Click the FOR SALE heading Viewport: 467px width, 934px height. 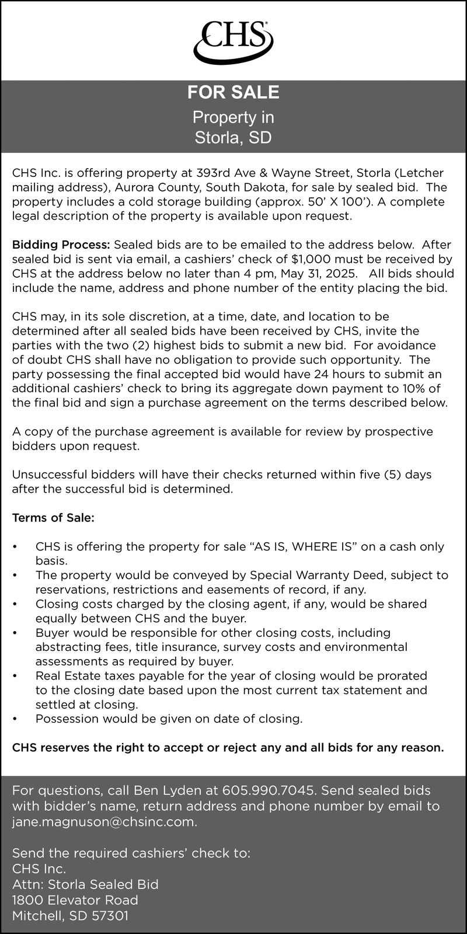coord(233,92)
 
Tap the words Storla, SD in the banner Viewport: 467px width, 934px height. coord(233,138)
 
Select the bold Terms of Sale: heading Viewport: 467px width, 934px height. coord(53,518)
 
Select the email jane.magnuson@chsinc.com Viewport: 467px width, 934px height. coord(104,823)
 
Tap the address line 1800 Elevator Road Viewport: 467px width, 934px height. coord(75,900)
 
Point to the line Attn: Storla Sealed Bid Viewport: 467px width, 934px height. coord(85,884)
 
